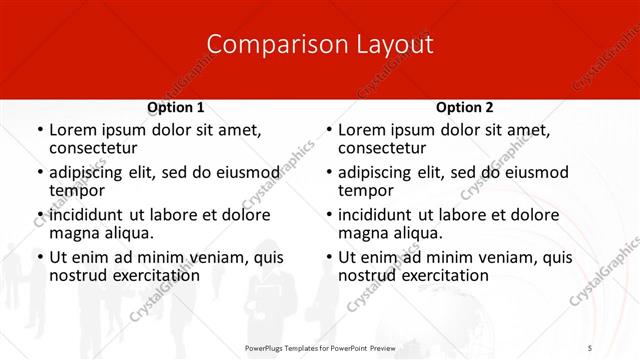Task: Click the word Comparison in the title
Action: pyautogui.click(x=267, y=44)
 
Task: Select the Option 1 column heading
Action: pyautogui.click(x=175, y=107)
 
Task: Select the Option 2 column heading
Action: pyautogui.click(x=464, y=107)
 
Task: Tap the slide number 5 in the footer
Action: pyautogui.click(x=590, y=347)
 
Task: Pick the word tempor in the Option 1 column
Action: pyautogui.click(x=77, y=190)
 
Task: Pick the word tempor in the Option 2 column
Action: pyautogui.click(x=366, y=190)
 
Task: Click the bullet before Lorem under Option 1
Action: pyautogui.click(x=39, y=131)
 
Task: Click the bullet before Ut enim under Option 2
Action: pyautogui.click(x=328, y=257)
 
